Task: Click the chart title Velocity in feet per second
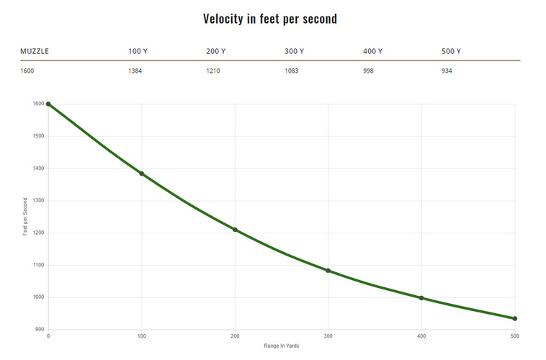270,19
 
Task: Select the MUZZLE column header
35,52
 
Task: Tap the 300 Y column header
294,52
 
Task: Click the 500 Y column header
451,52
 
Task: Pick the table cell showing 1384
135,71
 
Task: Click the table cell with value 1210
214,71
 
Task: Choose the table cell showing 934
447,71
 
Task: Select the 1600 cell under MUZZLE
27,71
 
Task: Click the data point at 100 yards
142,174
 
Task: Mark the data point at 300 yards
328,271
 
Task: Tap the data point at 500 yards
515,318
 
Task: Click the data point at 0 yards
48,104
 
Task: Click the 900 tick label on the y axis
39,330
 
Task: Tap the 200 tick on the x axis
235,336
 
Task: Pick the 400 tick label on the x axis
421,336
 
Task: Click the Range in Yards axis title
281,346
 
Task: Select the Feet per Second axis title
25,217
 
